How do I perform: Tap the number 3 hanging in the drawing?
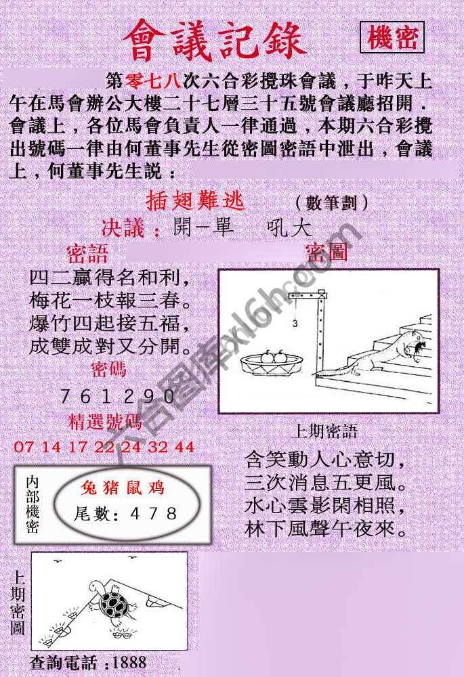[x=295, y=324]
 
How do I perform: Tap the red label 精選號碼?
[x=106, y=423]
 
